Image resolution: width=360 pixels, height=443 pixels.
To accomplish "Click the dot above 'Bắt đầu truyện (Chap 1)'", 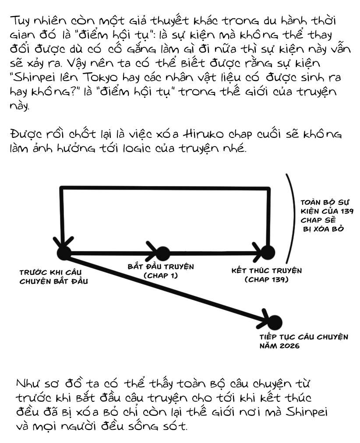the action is click(x=162, y=253).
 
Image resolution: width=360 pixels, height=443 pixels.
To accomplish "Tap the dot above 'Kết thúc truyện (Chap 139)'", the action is click(x=268, y=252).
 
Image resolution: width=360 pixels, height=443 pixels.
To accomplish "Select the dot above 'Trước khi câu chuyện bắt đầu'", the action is click(x=64, y=253).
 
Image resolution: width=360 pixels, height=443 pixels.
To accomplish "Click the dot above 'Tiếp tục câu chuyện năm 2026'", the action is click(x=275, y=322).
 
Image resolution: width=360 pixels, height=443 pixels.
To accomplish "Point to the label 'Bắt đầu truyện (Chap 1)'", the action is click(x=161, y=271).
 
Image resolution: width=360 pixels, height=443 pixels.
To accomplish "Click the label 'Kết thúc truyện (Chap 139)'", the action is click(x=267, y=275).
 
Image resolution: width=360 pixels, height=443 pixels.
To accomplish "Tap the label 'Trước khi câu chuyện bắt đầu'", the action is click(x=54, y=277).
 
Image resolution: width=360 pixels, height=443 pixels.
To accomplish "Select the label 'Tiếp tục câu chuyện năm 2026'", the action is click(x=304, y=341).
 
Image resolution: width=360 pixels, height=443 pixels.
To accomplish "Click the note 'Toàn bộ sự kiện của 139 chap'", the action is click(x=327, y=215).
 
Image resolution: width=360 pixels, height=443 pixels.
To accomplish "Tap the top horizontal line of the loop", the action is click(x=165, y=188).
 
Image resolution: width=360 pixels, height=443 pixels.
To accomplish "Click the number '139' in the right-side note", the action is click(x=347, y=211).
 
